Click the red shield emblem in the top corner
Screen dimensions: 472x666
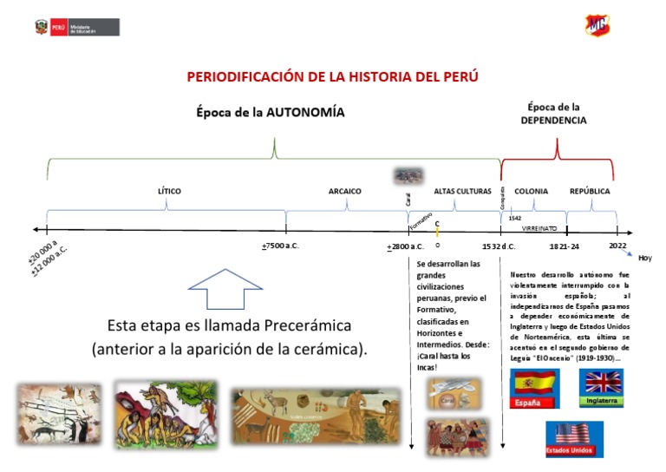(x=597, y=25)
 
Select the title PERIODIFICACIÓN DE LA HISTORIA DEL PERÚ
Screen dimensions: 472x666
(x=333, y=76)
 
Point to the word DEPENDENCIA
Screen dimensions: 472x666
(x=553, y=121)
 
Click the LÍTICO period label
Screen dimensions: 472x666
(x=169, y=191)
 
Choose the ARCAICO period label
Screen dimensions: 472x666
(x=345, y=191)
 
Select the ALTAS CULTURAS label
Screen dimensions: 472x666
(x=463, y=191)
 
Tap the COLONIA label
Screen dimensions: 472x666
(x=531, y=191)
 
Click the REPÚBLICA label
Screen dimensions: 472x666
(x=590, y=191)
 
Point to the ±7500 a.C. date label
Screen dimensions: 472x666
(x=280, y=246)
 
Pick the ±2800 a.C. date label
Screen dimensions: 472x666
(x=405, y=246)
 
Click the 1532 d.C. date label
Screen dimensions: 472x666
(x=499, y=246)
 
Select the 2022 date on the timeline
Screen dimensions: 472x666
(x=617, y=246)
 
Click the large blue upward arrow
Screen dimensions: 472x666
(x=225, y=290)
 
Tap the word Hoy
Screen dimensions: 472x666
(x=644, y=258)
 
